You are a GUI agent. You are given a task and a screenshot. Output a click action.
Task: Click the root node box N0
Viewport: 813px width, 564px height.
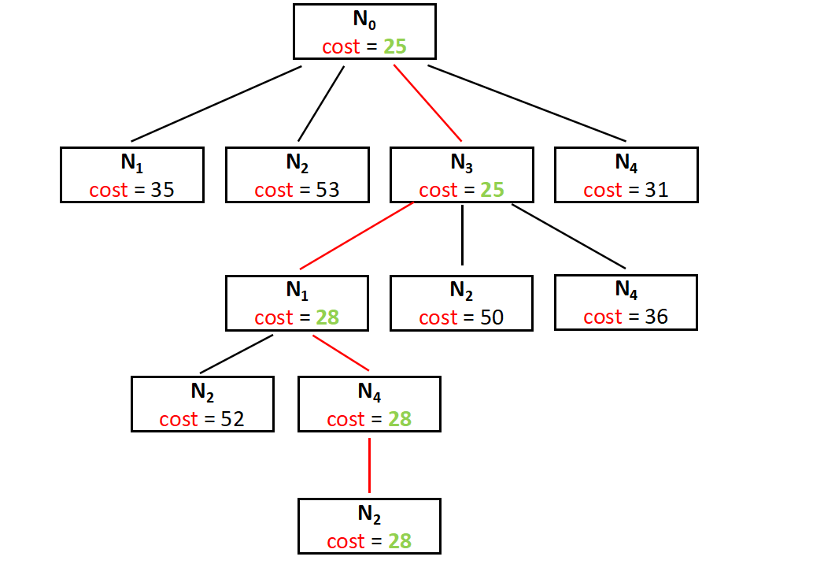(364, 32)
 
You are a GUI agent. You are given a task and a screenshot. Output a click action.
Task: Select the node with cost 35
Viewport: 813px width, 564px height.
(132, 175)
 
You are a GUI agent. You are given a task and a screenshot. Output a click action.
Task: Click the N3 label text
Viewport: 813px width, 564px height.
(461, 163)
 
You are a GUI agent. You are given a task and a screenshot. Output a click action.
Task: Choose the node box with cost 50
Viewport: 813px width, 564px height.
(461, 302)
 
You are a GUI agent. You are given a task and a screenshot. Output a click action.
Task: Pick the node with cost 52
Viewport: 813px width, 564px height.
(202, 404)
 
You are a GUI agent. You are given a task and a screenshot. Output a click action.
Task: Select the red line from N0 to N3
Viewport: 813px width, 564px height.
(427, 102)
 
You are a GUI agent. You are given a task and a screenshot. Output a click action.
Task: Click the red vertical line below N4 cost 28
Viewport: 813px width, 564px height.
(369, 465)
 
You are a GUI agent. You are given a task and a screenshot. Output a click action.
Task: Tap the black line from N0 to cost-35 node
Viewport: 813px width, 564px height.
(216, 104)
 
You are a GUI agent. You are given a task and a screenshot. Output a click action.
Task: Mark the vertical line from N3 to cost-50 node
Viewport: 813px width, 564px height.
(462, 235)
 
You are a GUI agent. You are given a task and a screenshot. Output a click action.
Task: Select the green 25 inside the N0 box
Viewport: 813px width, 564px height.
(395, 46)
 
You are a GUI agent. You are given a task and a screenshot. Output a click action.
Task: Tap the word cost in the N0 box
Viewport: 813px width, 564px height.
(341, 46)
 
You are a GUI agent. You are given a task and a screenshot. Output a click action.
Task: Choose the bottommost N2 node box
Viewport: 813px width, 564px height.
(369, 526)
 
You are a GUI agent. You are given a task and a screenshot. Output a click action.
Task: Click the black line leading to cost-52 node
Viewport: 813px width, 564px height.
(237, 354)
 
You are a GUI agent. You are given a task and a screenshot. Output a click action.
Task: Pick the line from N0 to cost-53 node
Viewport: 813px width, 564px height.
(322, 103)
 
